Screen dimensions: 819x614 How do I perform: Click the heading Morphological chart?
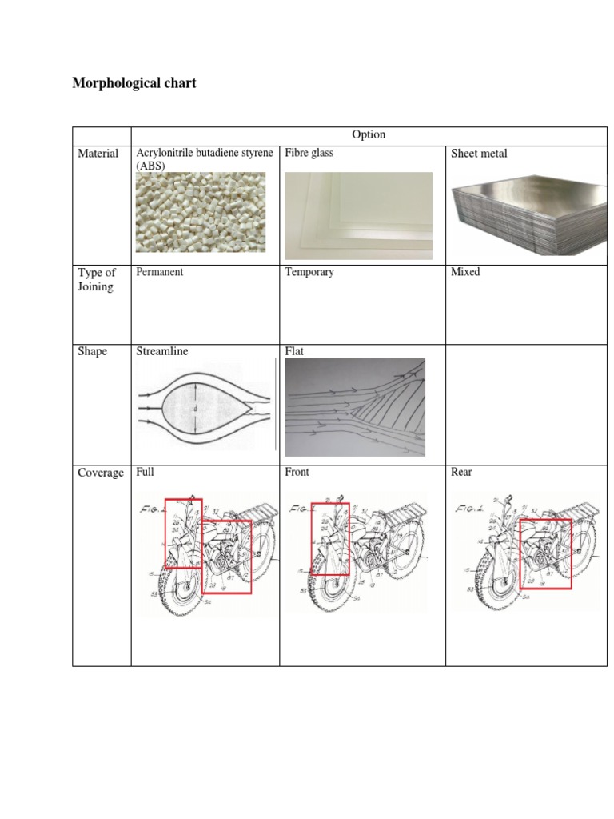(134, 83)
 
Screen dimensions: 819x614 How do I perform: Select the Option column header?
(369, 135)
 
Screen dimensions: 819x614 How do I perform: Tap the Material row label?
(98, 154)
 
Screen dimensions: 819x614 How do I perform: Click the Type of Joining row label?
(96, 280)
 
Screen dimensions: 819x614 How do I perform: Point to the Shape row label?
(92, 351)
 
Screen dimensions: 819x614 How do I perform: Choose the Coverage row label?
(101, 473)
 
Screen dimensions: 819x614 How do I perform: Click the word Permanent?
(160, 272)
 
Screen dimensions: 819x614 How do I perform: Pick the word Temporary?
(309, 272)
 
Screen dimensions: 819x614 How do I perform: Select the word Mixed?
(465, 272)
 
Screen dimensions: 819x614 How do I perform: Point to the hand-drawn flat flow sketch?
(355, 407)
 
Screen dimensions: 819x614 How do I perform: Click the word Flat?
(294, 351)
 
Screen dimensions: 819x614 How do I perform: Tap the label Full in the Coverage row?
(145, 473)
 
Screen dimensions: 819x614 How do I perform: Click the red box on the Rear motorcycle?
(545, 553)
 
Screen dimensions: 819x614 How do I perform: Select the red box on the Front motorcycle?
(330, 537)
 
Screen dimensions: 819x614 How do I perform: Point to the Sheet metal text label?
(479, 154)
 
